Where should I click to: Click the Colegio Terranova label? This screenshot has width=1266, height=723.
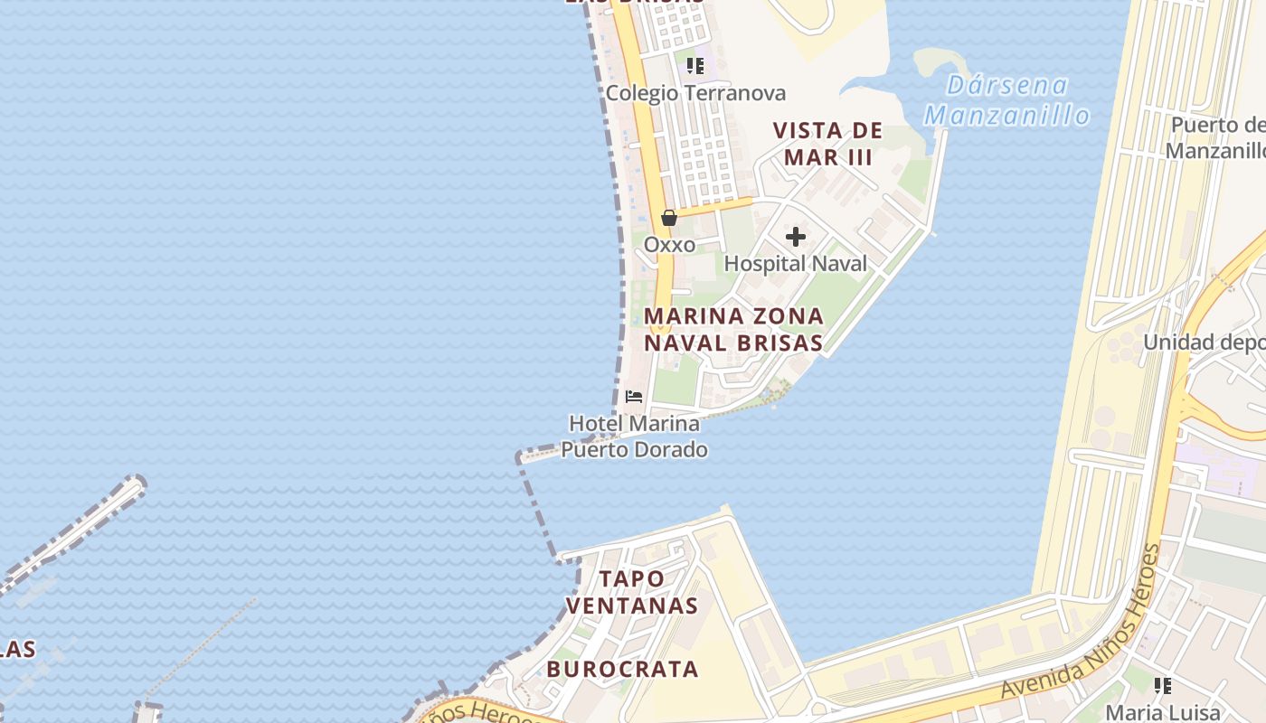[x=695, y=93]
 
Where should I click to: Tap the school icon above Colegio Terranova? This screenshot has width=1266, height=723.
[x=694, y=65]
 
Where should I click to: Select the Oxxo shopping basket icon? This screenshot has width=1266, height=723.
[x=669, y=218]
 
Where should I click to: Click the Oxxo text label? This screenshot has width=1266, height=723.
[x=669, y=245]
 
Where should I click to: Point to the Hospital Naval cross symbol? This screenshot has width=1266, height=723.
[x=796, y=237]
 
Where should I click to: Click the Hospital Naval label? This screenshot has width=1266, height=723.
[x=796, y=263]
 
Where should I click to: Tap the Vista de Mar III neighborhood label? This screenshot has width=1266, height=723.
[x=827, y=144]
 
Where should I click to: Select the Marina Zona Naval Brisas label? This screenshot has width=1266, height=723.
[x=733, y=329]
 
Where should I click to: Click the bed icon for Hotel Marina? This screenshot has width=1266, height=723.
[x=634, y=397]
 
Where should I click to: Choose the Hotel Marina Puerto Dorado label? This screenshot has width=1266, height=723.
[x=635, y=437]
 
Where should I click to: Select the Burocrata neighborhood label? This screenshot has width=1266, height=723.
[x=622, y=670]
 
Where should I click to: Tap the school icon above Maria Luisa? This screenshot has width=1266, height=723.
[x=1163, y=686]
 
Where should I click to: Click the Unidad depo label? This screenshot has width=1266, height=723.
[x=1204, y=343]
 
